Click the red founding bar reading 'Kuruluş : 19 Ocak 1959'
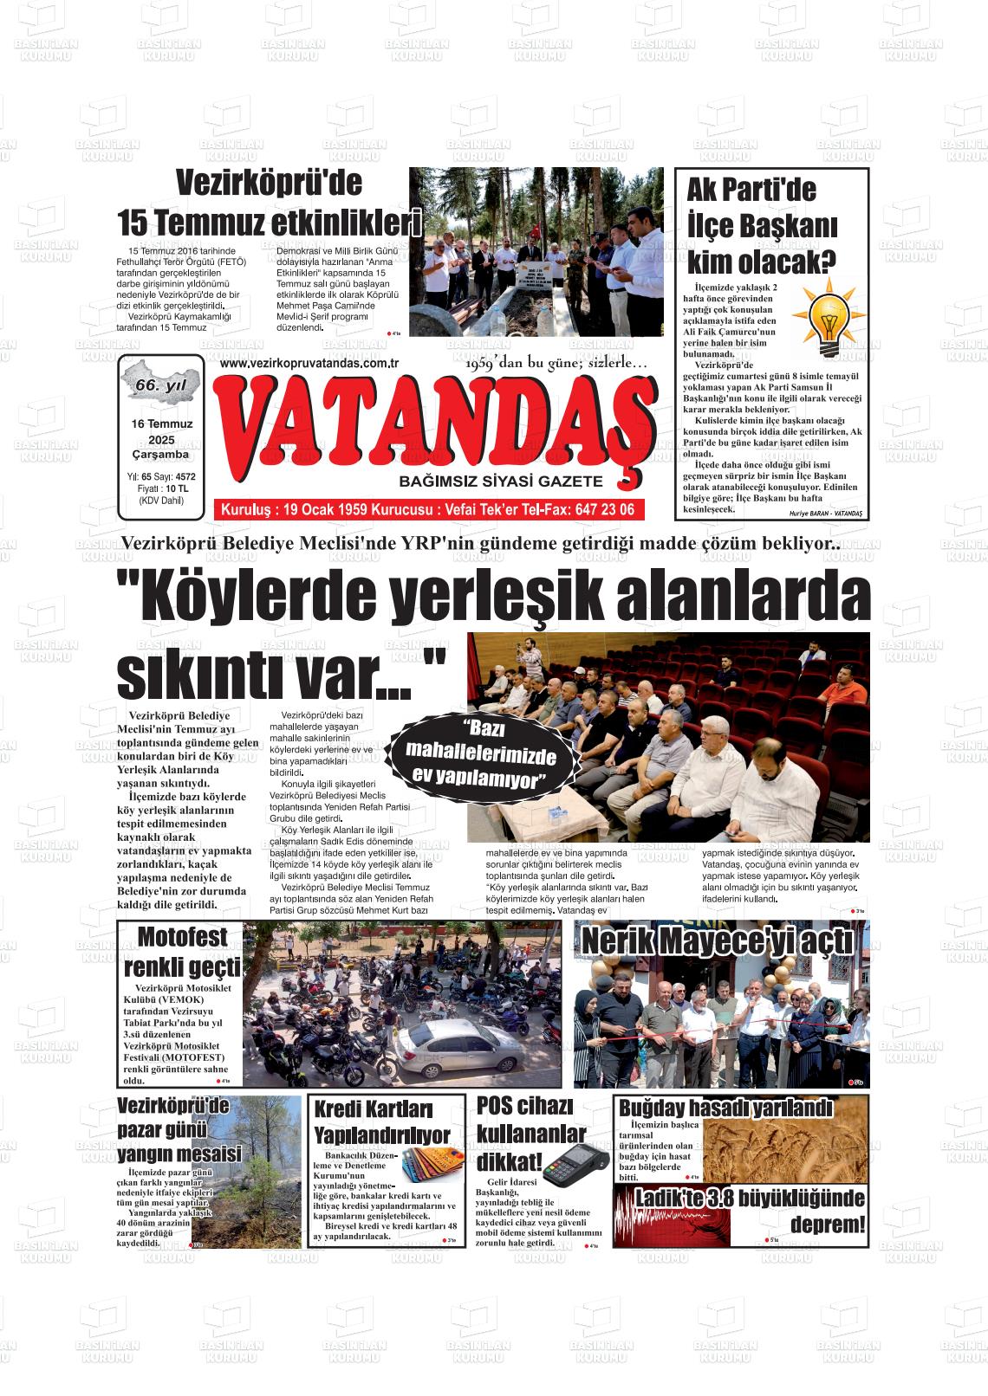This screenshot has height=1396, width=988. (428, 510)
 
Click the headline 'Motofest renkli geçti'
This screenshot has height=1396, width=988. (182, 952)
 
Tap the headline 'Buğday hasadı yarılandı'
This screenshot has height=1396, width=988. (725, 1108)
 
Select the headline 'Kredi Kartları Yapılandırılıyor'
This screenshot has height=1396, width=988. (382, 1122)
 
